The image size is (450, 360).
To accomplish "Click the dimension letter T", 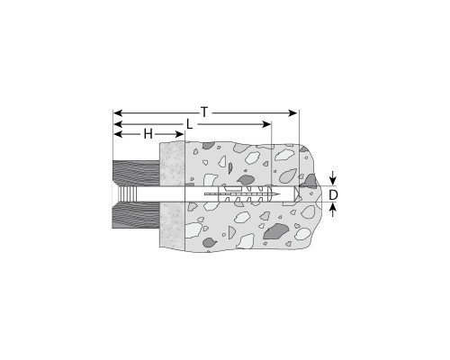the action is point(204,112).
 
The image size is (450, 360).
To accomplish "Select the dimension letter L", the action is point(189,124).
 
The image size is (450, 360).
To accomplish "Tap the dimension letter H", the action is point(148,134).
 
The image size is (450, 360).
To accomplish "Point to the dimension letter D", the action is point(333,195).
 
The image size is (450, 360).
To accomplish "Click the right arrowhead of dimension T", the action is point(292,113).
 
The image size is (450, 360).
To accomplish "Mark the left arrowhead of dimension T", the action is point(118,113).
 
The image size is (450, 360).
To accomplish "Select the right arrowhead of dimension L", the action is point(266,124).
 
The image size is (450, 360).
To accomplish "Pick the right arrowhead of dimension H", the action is point(179,134).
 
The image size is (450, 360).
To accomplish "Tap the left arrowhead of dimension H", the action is point(118,134).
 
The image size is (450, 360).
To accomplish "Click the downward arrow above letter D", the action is point(332,179).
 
